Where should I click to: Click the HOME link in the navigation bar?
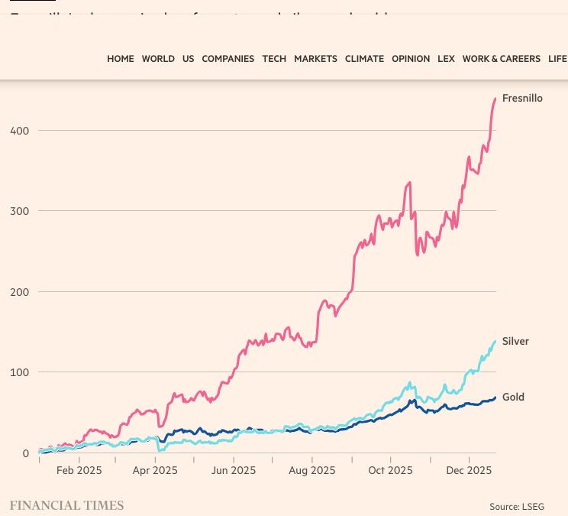120,59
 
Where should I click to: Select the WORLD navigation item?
158,59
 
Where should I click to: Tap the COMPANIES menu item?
228,59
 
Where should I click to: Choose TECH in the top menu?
274,59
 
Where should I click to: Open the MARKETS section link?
315,59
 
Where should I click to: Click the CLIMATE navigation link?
364,59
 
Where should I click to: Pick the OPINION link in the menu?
411,59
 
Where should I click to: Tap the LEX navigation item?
446,59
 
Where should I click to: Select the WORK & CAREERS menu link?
501,59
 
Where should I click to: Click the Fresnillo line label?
522,98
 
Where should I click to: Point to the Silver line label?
515,341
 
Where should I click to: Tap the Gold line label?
513,397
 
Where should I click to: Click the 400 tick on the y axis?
19,131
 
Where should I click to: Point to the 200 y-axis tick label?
19,292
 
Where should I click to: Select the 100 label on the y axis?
19,372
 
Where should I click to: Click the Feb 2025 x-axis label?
79,470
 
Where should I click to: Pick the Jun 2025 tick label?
233,470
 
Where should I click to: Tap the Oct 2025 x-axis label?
390,470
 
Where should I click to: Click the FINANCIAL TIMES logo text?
66,505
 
